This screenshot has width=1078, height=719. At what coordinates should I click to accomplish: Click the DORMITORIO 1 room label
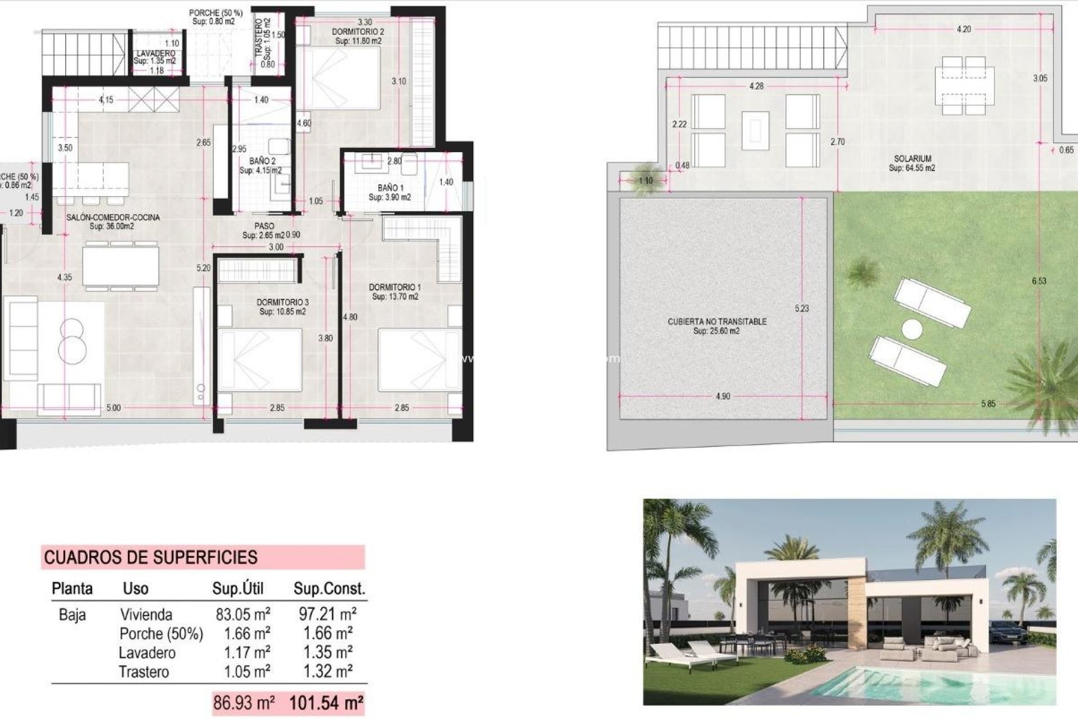point(395,288)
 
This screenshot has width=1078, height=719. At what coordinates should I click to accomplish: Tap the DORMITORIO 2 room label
point(358,32)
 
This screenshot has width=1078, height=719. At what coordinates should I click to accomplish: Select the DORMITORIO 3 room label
point(282,303)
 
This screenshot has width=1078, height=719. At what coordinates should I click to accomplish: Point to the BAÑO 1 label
point(390,188)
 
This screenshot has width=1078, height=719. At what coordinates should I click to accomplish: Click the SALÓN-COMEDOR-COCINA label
point(113,217)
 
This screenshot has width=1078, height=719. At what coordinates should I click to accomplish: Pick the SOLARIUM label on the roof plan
point(912,159)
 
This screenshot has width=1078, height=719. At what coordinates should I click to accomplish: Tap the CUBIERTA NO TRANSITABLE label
point(716,322)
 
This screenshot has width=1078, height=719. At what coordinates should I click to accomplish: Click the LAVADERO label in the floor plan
point(155,53)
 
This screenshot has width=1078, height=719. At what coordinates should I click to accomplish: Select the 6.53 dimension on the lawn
point(1039,281)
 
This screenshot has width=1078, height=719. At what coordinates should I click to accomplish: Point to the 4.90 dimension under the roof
point(723,397)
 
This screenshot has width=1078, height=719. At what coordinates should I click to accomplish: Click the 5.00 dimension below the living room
point(113,408)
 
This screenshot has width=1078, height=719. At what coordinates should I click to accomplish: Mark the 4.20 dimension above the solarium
point(963,29)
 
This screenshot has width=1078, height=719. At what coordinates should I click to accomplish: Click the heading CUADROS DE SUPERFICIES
point(150,557)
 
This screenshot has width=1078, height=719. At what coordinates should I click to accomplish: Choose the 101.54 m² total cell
point(326,703)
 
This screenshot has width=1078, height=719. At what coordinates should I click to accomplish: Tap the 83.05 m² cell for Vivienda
point(243,615)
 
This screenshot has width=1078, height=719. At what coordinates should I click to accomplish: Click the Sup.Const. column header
point(329,589)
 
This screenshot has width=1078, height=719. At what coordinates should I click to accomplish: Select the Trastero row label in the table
point(144,672)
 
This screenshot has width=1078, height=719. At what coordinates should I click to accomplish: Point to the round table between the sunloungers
point(912,329)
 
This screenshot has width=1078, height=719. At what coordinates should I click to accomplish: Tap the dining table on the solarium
point(963,85)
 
